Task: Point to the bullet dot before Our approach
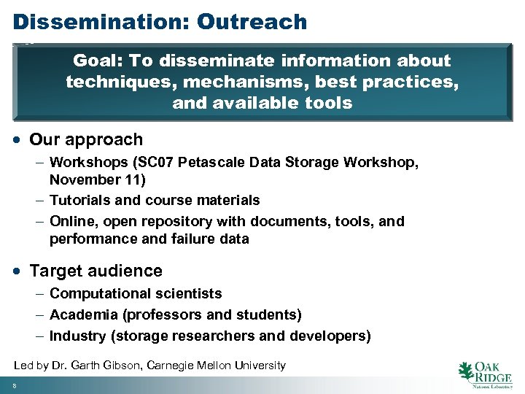coord(17,140)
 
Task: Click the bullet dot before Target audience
coord(17,271)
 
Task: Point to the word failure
coord(195,239)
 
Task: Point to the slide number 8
coord(14,386)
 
